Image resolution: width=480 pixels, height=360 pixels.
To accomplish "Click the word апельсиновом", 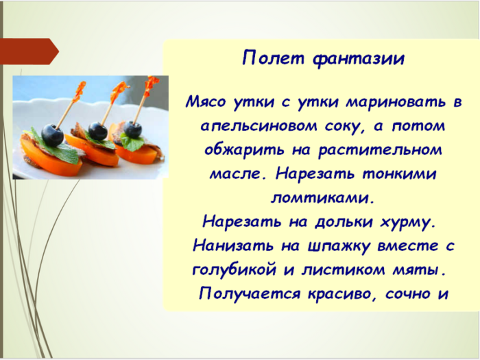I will tap(259, 127).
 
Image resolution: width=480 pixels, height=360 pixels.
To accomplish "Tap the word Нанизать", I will tap(230, 245).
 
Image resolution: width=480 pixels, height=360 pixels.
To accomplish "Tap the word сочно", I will tap(410, 293).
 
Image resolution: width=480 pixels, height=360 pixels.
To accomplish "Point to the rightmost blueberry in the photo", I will tap(132, 128).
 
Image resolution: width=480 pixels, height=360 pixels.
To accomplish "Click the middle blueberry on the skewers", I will tap(98, 130).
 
